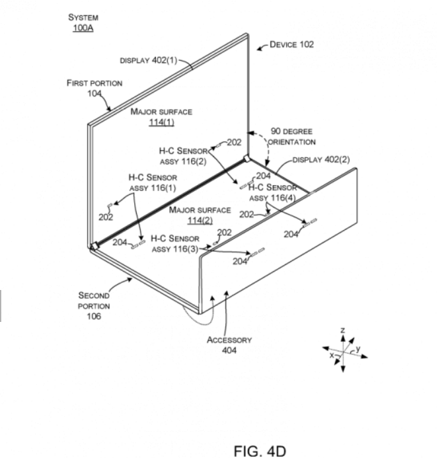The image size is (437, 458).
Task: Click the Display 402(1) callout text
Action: [148, 60]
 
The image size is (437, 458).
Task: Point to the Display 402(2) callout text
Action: [321, 159]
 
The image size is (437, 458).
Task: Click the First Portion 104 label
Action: [95, 88]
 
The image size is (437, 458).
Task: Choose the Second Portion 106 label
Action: [94, 305]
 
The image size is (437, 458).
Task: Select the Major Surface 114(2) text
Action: [200, 215]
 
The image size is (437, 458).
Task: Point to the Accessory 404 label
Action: [229, 345]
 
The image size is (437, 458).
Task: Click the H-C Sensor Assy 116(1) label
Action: [153, 182]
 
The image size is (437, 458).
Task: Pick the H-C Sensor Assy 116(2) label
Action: [183, 156]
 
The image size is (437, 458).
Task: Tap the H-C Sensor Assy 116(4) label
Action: [273, 192]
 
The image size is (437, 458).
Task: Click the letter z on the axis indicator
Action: [343, 330]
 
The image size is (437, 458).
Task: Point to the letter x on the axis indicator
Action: [332, 356]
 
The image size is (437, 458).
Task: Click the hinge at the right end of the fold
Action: [246, 159]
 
